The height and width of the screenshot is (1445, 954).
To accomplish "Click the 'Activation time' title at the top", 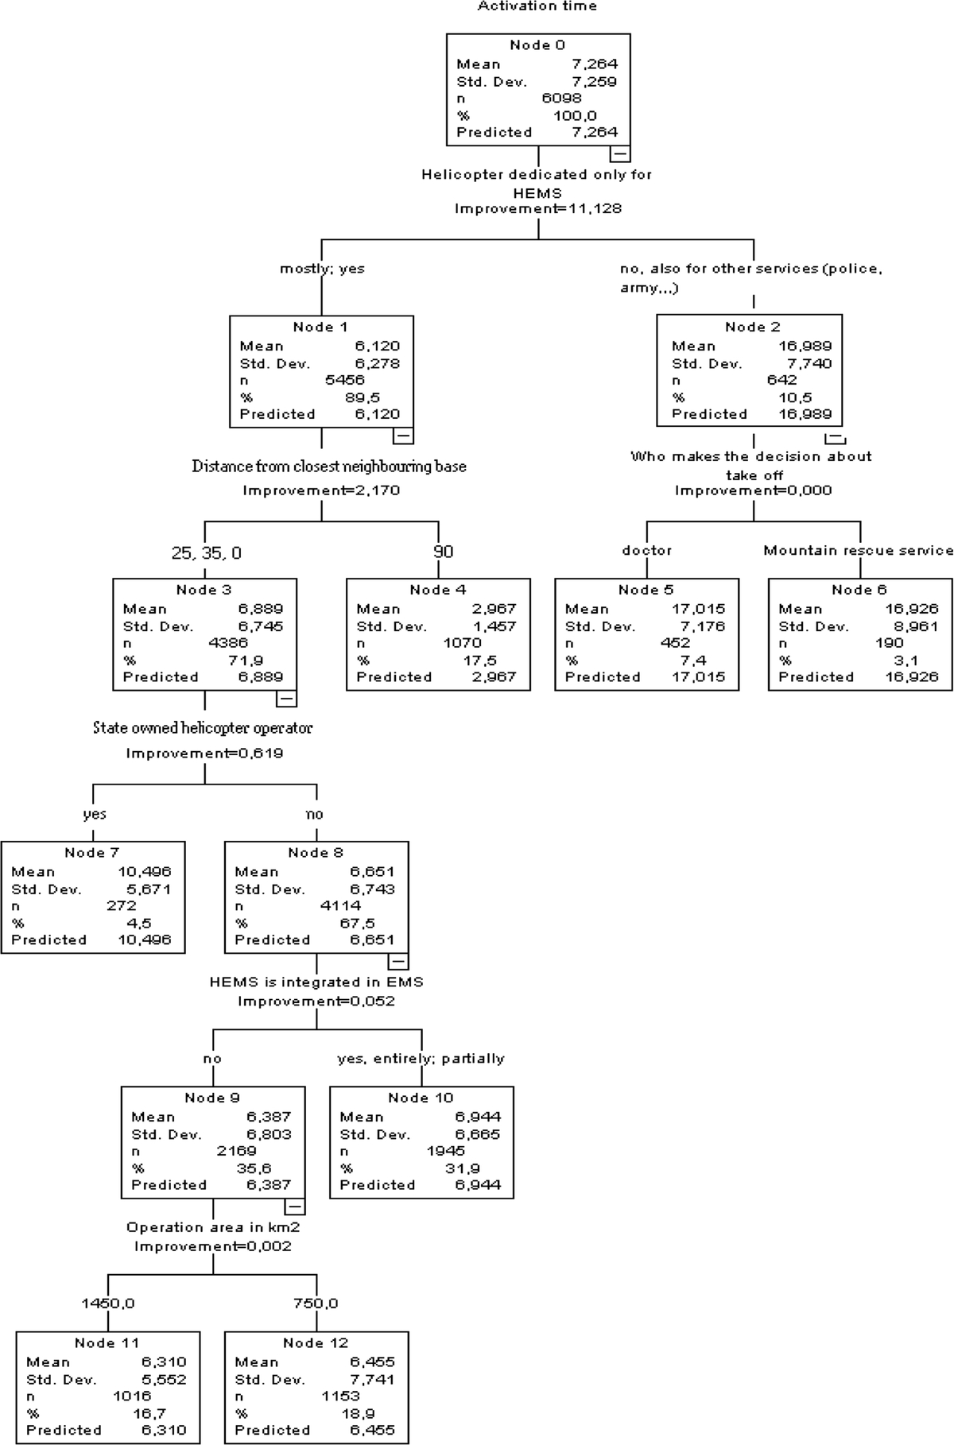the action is click(x=537, y=6).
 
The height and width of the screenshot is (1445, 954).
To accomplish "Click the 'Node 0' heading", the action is click(x=537, y=45).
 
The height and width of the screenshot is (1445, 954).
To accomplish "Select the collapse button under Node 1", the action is click(x=403, y=436).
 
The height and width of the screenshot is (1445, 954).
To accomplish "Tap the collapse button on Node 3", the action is click(x=286, y=699).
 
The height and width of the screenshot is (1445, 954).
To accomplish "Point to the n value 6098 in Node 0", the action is click(x=561, y=99).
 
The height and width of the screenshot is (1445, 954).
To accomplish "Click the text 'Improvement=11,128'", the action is click(x=537, y=209).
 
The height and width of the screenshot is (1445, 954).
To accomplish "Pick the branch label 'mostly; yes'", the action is click(x=322, y=269).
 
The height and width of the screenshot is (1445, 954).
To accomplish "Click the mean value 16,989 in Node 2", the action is click(x=806, y=347).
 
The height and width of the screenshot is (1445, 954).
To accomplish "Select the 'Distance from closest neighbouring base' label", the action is click(x=329, y=467).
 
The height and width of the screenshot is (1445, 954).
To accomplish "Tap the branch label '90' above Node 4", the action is click(x=444, y=552).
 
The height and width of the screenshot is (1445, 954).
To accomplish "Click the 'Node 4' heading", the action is click(x=438, y=590).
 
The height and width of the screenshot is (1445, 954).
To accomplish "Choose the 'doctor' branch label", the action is click(x=647, y=551).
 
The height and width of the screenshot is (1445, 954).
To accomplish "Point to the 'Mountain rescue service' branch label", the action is click(x=859, y=551).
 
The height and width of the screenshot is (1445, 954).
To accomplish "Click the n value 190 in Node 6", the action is click(x=889, y=643).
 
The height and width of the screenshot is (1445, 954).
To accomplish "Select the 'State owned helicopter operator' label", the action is click(x=203, y=728).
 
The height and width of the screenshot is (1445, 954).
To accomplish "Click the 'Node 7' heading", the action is click(x=92, y=853).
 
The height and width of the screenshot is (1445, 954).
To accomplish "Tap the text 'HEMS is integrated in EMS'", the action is click(x=316, y=982).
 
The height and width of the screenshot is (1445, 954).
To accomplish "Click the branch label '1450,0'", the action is click(x=108, y=1304).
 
